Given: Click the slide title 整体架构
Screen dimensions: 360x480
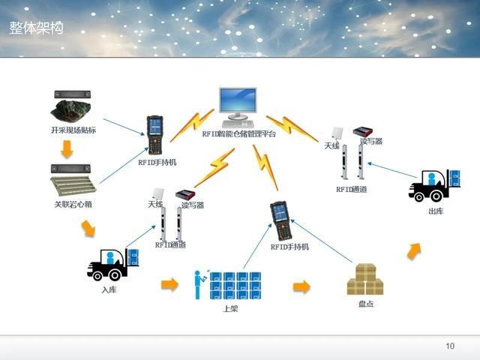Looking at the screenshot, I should click(36, 28).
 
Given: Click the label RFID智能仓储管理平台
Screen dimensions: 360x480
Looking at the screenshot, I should click(239, 134).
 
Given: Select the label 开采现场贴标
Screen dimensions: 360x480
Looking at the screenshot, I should click(73, 130).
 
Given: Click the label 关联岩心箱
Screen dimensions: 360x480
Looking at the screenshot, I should click(73, 204).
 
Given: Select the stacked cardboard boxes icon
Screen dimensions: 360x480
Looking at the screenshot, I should click(365, 280).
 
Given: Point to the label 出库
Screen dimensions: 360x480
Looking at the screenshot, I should click(435, 211).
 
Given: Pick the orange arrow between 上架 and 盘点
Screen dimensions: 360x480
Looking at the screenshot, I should click(301, 287).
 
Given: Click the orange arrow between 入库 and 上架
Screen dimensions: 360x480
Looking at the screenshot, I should click(170, 284).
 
